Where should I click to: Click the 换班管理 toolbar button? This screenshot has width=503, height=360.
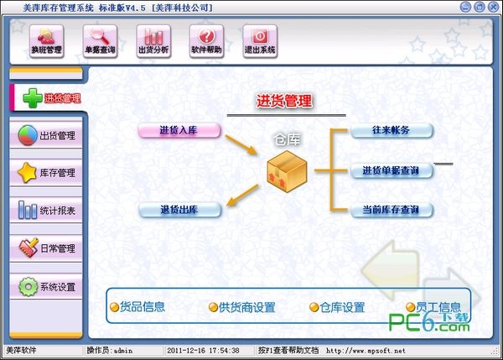pyautogui.click(x=47, y=41)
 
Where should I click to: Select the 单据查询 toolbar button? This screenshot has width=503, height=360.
pyautogui.click(x=100, y=41)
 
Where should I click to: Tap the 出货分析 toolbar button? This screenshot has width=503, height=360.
pyautogui.click(x=153, y=41)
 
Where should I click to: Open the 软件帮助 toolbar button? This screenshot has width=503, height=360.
pyautogui.click(x=206, y=41)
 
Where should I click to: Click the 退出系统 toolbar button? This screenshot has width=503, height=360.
pyautogui.click(x=260, y=41)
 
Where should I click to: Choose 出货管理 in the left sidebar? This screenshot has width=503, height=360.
pyautogui.click(x=46, y=135)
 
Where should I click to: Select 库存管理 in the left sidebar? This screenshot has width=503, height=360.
pyautogui.click(x=46, y=173)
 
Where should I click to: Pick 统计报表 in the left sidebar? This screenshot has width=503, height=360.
pyautogui.click(x=46, y=211)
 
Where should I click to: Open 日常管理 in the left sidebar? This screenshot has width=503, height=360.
pyautogui.click(x=46, y=248)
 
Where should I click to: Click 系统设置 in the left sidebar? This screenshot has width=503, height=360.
pyautogui.click(x=46, y=286)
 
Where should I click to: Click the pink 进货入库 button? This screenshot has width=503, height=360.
pyautogui.click(x=179, y=130)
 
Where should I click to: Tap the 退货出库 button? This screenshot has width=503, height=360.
pyautogui.click(x=179, y=210)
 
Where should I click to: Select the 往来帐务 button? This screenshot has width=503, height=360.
pyautogui.click(x=392, y=130)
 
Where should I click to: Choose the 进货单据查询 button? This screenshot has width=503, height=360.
pyautogui.click(x=392, y=170)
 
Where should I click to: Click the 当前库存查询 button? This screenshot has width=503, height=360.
pyautogui.click(x=392, y=210)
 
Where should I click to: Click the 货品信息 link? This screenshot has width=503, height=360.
pyautogui.click(x=137, y=307)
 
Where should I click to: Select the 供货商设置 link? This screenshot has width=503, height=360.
pyautogui.click(x=242, y=307)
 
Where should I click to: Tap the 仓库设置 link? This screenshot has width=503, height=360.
pyautogui.click(x=337, y=307)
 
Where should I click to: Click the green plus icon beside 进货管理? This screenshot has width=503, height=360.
pyautogui.click(x=33, y=98)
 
